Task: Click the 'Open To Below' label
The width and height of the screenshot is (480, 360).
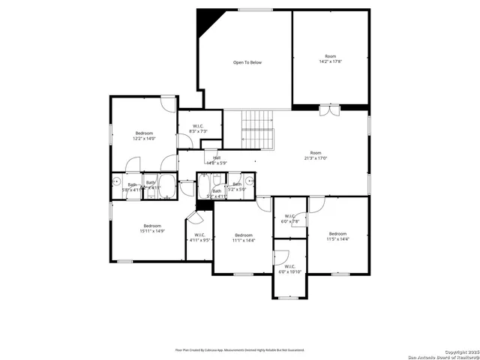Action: click(x=247, y=62)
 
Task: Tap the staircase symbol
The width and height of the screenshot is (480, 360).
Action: click(x=258, y=128)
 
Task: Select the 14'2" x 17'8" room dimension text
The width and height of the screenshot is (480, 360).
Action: click(x=330, y=61)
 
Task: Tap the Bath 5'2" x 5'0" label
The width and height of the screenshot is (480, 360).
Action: click(x=237, y=186)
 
